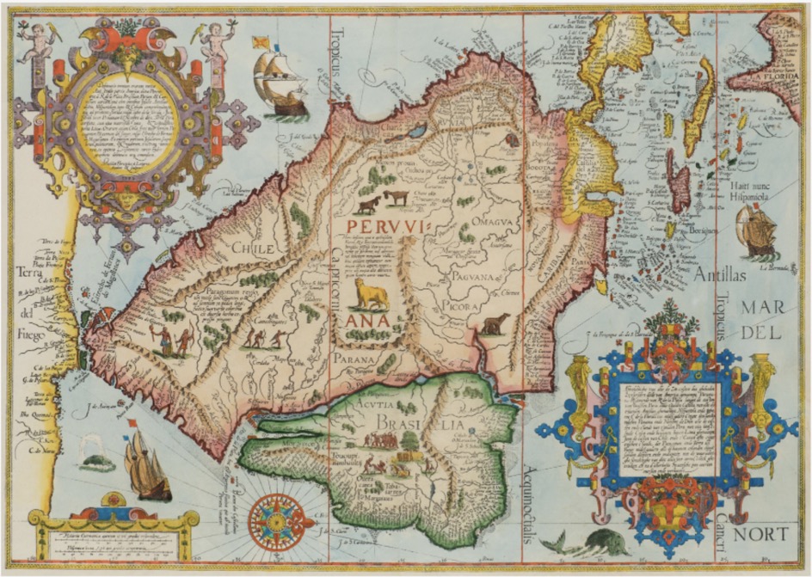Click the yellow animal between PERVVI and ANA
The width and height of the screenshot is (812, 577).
372,294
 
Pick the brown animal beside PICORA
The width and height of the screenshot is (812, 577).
495,324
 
